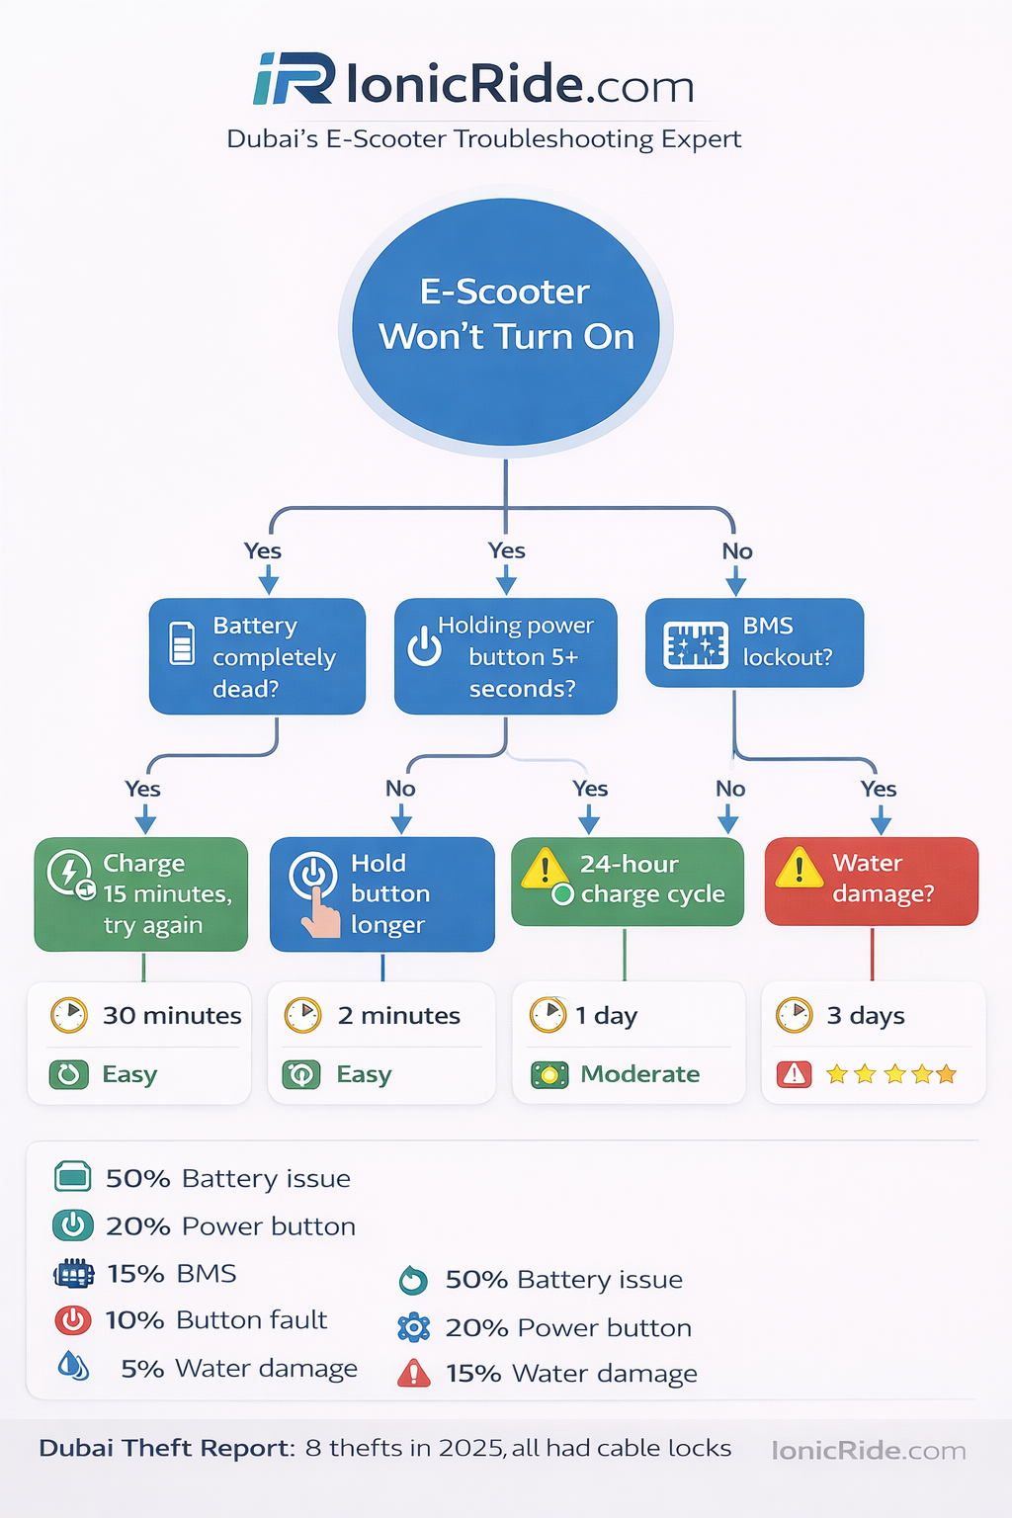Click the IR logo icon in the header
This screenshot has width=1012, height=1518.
click(x=294, y=80)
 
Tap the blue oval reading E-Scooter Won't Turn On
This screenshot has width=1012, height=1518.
click(x=506, y=316)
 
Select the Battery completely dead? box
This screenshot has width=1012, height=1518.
click(x=257, y=656)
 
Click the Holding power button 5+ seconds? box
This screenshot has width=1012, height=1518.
click(x=506, y=656)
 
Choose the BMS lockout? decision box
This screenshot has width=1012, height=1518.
click(x=754, y=642)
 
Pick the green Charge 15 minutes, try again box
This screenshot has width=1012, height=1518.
click(x=141, y=893)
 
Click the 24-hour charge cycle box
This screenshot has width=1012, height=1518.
click(x=628, y=881)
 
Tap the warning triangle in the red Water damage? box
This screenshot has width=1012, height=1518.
click(x=799, y=869)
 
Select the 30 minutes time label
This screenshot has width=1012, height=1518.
click(x=172, y=1016)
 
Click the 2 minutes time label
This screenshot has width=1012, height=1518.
click(x=398, y=1016)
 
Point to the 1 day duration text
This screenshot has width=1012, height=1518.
click(x=607, y=1016)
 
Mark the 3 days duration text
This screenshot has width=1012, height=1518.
click(x=866, y=1016)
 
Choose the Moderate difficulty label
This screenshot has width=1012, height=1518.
click(x=639, y=1074)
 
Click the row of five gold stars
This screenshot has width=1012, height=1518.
click(x=890, y=1074)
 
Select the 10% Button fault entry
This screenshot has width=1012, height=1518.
click(x=215, y=1320)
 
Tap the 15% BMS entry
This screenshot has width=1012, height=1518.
click(x=172, y=1274)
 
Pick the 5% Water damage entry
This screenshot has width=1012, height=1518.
click(x=238, y=1369)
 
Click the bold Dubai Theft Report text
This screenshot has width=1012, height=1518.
click(x=166, y=1449)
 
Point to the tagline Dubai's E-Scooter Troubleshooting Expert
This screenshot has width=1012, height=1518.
click(x=483, y=139)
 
